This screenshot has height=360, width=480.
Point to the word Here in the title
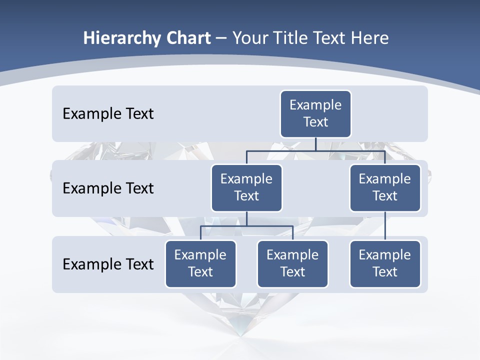pyautogui.click(x=369, y=38)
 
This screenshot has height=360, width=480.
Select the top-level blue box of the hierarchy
pyautogui.click(x=315, y=114)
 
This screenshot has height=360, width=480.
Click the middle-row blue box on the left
pyautogui.click(x=246, y=188)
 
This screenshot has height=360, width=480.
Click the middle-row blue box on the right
pyautogui.click(x=385, y=188)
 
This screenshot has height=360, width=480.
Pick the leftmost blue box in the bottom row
pyautogui.click(x=200, y=264)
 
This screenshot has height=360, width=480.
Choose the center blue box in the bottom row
pyautogui.click(x=292, y=264)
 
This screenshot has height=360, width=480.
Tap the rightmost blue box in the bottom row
pyautogui.click(x=385, y=264)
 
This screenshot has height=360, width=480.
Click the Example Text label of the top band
pyautogui.click(x=108, y=114)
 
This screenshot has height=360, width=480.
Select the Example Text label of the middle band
pyautogui.click(x=108, y=188)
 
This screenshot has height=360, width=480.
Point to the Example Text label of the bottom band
pyautogui.click(x=108, y=264)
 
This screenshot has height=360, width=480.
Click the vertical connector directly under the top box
pyautogui.click(x=315, y=144)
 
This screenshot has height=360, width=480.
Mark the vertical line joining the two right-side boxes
pyautogui.click(x=385, y=226)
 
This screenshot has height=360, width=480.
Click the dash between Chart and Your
pyautogui.click(x=221, y=38)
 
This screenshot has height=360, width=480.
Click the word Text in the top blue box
pyautogui.click(x=315, y=122)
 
